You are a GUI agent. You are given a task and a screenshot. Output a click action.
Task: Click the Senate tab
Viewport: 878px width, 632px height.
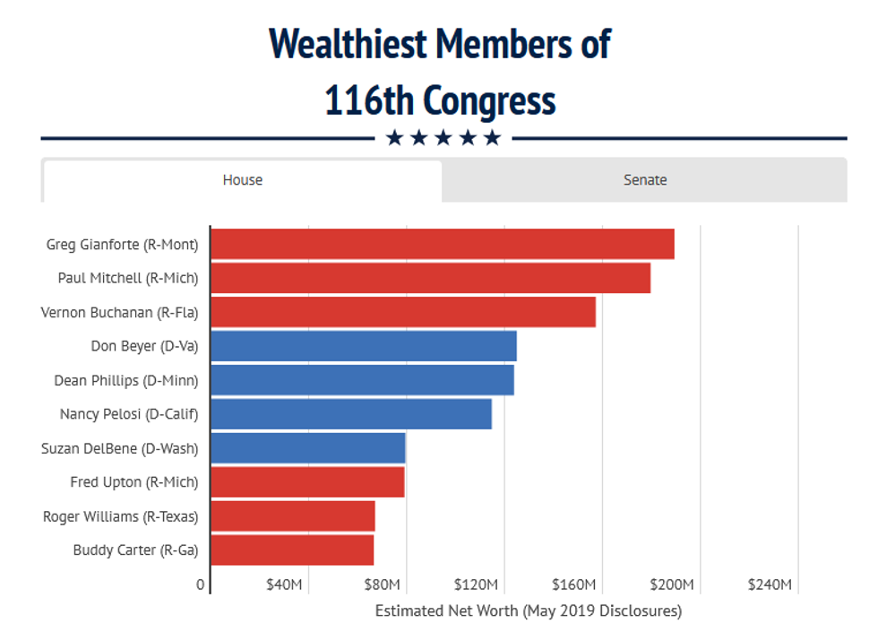click(x=645, y=180)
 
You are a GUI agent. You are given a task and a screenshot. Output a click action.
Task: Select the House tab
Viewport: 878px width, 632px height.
click(x=242, y=180)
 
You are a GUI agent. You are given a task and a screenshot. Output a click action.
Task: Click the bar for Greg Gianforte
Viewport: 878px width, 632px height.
click(x=443, y=244)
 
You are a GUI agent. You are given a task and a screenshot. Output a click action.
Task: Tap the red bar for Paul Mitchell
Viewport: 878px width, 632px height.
click(x=430, y=278)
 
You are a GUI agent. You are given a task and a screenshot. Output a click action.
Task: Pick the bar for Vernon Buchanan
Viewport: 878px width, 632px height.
click(x=403, y=312)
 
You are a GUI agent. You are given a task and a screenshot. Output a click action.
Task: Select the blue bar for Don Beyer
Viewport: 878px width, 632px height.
click(x=364, y=346)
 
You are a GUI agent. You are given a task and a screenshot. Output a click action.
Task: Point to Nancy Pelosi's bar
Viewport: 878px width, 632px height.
click(x=351, y=414)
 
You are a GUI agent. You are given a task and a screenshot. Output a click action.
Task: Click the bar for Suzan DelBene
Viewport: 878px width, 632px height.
click(x=308, y=448)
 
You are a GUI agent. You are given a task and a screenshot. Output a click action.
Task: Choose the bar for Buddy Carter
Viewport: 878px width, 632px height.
click(x=292, y=550)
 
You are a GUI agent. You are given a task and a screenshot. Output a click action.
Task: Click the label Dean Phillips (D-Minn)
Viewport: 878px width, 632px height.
click(x=126, y=380)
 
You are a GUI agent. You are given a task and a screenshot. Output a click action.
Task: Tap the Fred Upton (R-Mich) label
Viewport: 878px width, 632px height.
click(x=134, y=482)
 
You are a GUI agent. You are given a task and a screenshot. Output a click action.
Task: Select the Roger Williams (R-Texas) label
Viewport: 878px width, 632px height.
click(x=121, y=516)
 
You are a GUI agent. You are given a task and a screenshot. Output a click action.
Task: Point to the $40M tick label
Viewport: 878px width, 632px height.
click(x=284, y=585)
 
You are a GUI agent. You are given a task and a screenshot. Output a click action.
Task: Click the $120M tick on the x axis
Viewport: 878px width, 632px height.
click(x=476, y=585)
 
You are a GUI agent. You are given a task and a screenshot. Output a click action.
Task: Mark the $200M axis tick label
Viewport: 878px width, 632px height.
click(x=672, y=585)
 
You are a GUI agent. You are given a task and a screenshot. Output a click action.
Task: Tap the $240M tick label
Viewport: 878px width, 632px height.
click(x=770, y=585)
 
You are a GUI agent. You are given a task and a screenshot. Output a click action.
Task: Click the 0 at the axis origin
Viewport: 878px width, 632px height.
click(x=200, y=585)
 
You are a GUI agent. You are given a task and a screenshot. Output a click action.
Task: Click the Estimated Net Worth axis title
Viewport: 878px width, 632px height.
click(x=528, y=611)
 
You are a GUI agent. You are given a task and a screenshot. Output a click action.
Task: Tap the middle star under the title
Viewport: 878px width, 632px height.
click(x=443, y=138)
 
